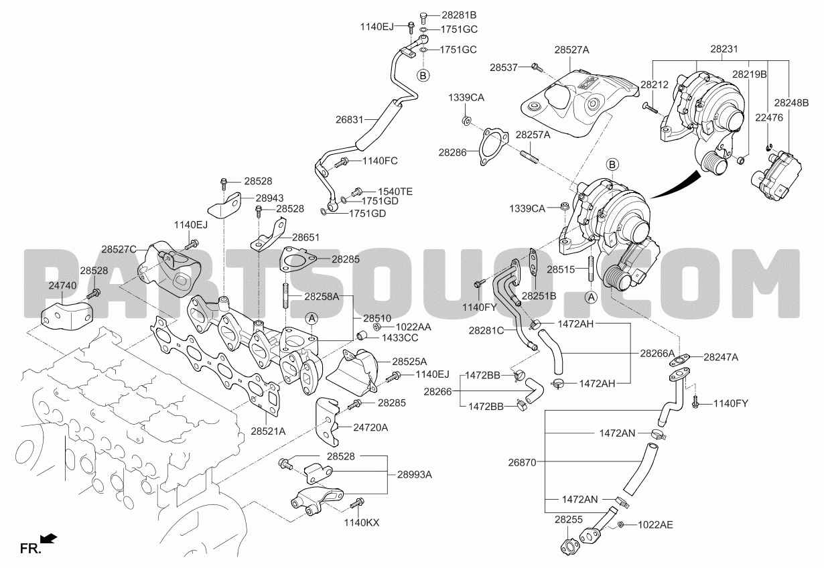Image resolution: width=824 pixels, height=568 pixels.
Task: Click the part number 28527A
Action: point(571,50)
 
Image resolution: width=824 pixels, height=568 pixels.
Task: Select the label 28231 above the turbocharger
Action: point(724,49)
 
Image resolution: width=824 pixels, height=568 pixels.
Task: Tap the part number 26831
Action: point(350,119)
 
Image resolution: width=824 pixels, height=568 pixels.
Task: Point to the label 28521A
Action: point(268,431)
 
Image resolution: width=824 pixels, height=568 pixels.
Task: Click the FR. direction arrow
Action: point(48,539)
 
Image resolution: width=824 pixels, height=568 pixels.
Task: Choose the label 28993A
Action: point(415,474)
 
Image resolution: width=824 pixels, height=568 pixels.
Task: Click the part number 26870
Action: point(523,462)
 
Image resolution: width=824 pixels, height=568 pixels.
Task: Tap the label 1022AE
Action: point(656,525)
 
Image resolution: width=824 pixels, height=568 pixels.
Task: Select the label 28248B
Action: point(792,103)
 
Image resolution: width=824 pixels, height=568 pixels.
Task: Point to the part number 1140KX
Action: point(362,522)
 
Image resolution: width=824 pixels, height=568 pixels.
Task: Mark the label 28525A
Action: point(409,362)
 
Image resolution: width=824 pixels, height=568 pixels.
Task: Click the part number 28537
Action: point(504,68)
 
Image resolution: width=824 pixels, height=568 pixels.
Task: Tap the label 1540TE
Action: point(395,192)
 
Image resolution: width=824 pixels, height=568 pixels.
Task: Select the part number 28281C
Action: point(486,331)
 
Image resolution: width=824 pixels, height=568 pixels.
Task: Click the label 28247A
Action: point(721,357)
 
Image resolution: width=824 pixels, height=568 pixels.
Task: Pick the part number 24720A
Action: point(371,427)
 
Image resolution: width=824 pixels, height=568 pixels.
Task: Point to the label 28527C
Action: point(119,249)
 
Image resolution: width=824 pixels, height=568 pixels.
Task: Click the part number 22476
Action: point(769,118)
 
